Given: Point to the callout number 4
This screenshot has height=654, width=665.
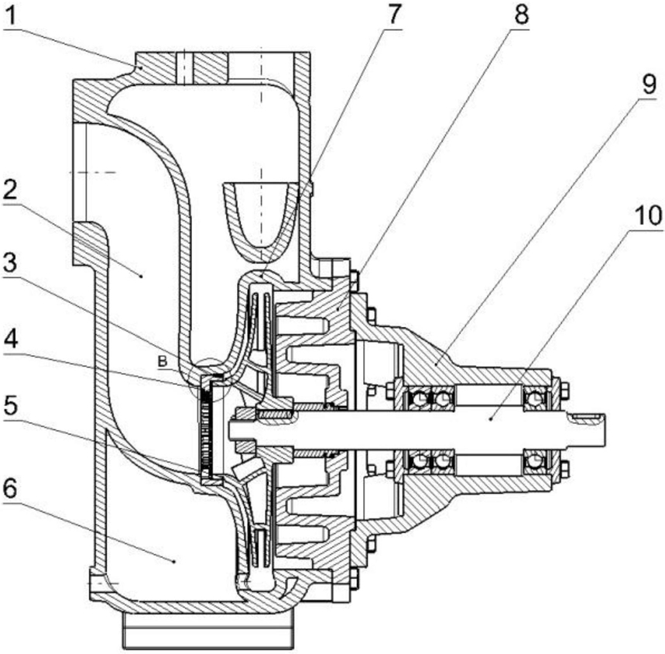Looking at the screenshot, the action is point(12,340).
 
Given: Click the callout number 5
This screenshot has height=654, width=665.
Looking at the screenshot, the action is point(11,406).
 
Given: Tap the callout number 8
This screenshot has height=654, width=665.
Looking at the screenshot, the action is point(521,15).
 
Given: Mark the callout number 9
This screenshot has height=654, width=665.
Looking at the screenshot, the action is point(649,84).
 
